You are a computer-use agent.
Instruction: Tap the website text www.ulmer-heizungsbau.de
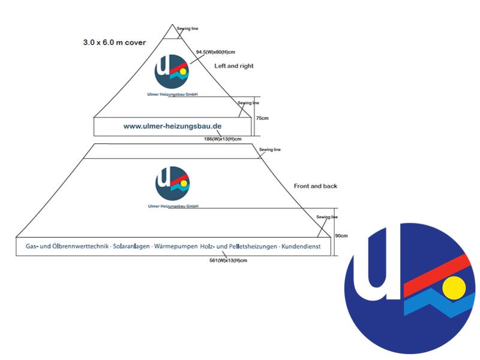172,127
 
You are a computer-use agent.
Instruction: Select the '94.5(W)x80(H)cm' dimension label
217,52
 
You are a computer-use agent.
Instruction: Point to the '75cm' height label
262,118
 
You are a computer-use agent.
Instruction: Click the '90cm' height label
341,236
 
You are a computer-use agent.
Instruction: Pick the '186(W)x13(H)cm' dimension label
223,139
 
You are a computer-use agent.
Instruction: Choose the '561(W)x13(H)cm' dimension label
228,260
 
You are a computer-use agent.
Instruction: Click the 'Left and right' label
234,66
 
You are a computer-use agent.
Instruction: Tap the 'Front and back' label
316,186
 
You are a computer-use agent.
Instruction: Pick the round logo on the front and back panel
172,183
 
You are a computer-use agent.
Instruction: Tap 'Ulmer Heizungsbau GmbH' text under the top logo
172,94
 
